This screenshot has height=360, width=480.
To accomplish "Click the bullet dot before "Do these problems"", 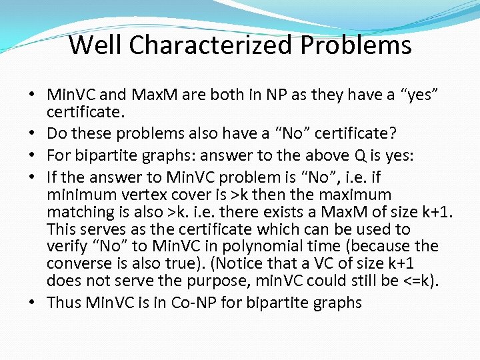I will pos(32,134).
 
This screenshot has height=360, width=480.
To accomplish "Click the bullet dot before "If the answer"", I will pos(32,179).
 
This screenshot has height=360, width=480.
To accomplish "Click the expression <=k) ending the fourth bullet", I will pos(419,279).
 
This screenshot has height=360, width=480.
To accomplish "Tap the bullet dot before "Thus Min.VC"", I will pos(32,302).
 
